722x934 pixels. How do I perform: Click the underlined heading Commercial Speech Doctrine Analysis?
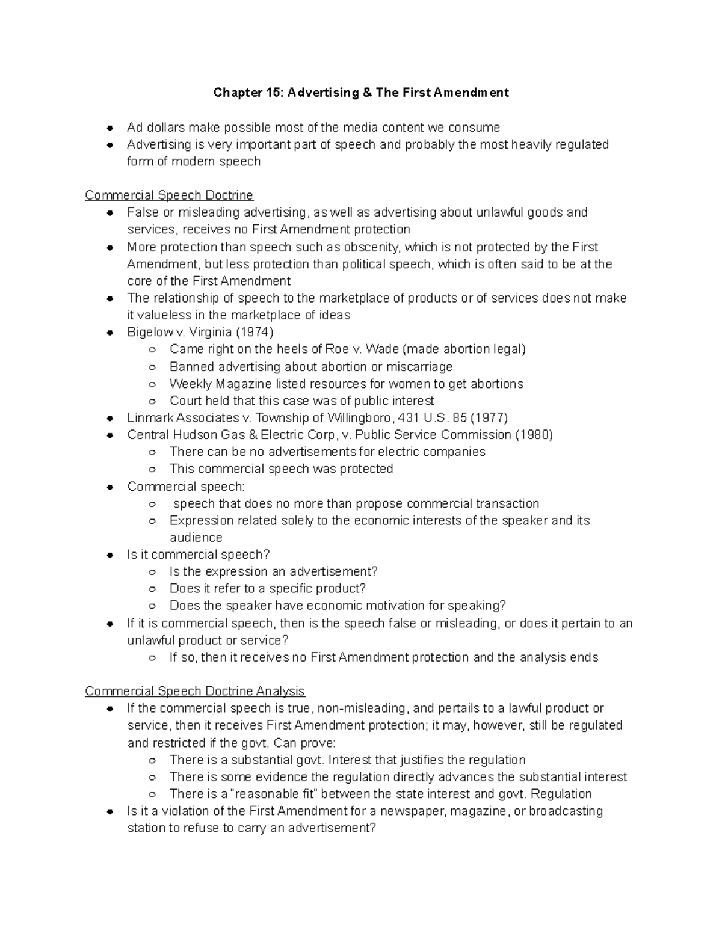[194, 691]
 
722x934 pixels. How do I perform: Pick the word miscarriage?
[419, 367]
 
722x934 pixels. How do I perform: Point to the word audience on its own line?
[196, 538]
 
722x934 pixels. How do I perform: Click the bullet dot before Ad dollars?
[110, 128]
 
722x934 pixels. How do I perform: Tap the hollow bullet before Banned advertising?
[153, 367]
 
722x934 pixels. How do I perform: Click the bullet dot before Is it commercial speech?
[110, 555]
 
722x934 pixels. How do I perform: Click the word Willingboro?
[359, 417]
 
